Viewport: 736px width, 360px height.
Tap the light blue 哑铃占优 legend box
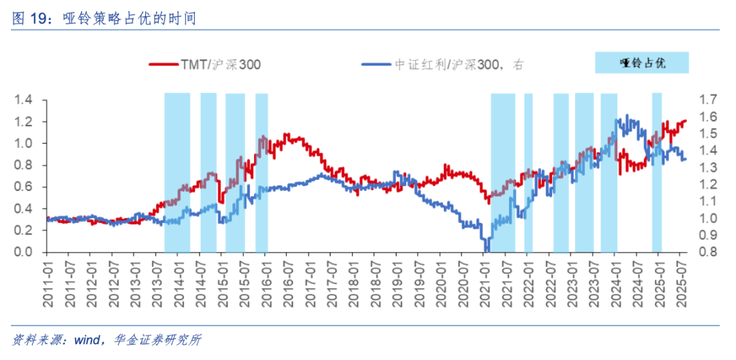pyautogui.click(x=641, y=63)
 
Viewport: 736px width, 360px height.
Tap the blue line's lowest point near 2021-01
pyautogui.click(x=486, y=250)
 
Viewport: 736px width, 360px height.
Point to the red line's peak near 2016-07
pyautogui.click(x=286, y=134)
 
